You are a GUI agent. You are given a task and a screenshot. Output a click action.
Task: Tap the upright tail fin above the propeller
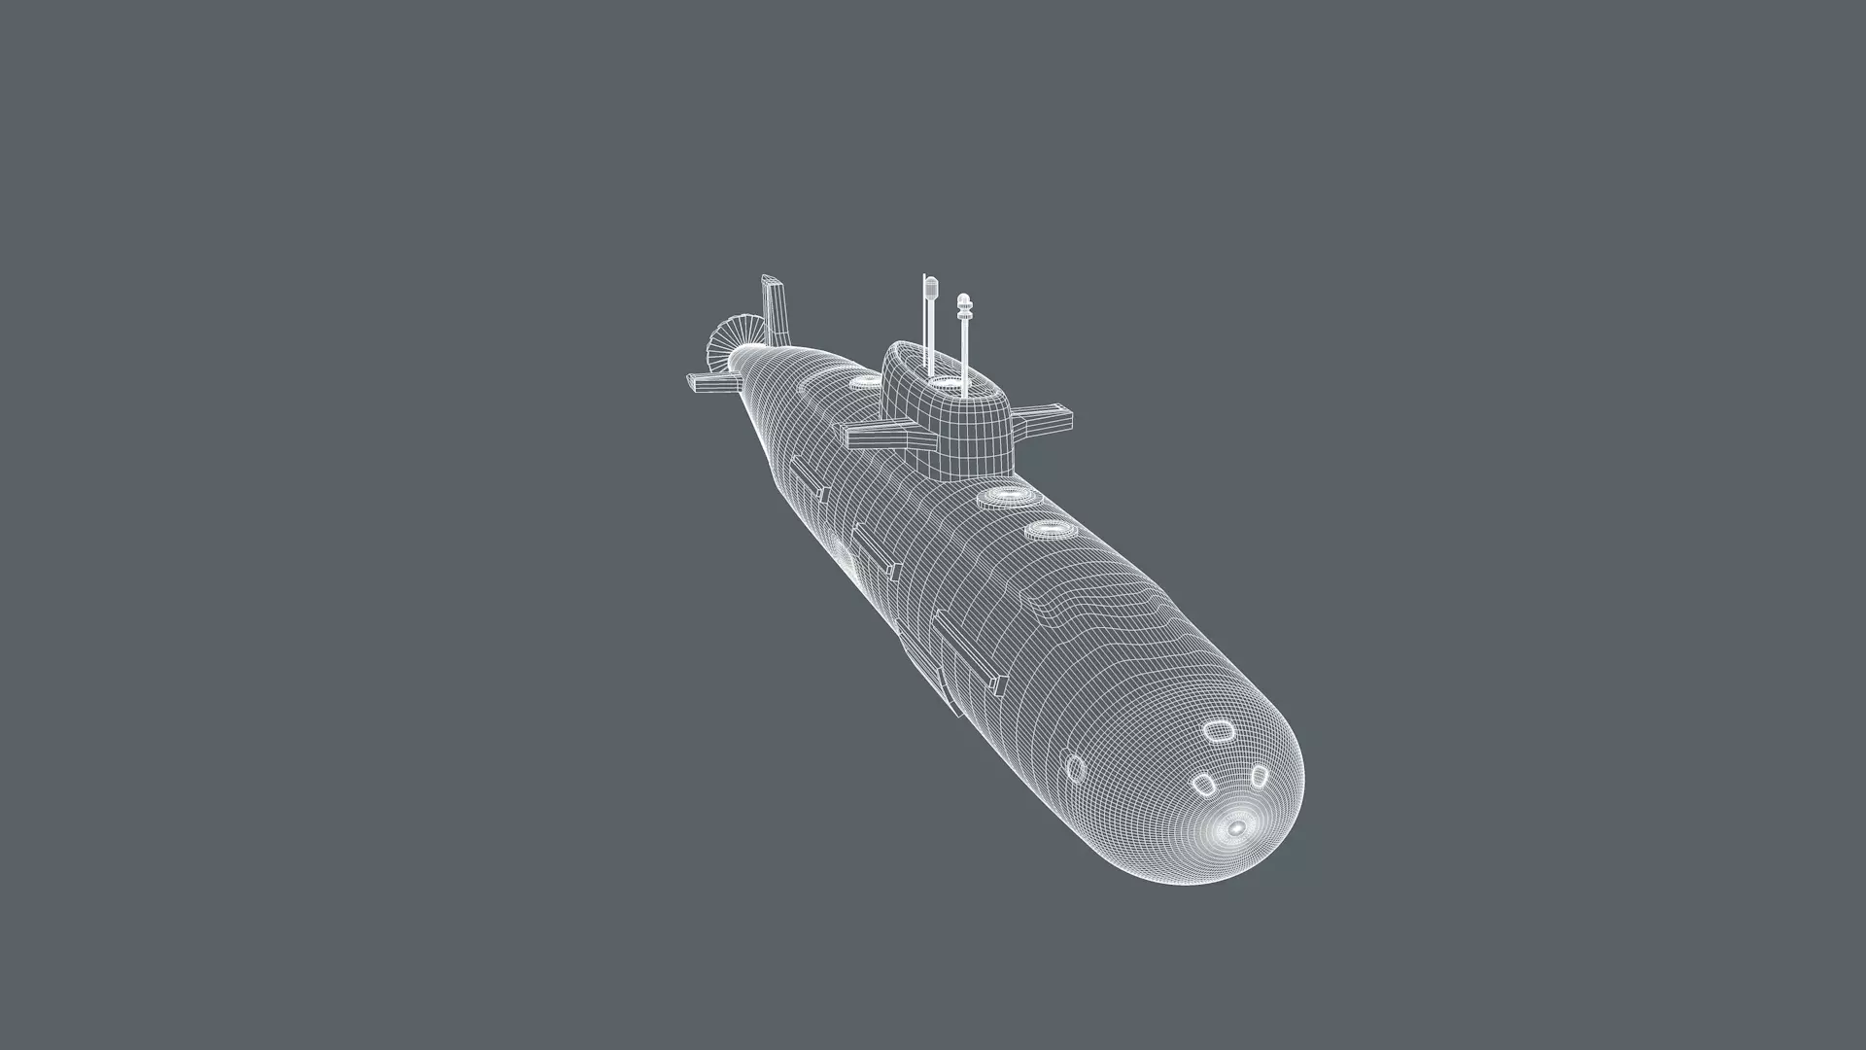tap(775, 309)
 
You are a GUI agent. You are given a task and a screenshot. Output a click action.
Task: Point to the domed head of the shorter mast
tap(963, 303)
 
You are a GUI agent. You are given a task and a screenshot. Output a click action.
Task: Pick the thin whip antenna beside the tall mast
tap(924, 321)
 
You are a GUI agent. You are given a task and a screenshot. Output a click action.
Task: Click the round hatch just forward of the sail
tap(1003, 498)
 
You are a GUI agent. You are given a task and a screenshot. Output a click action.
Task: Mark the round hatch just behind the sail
tap(859, 382)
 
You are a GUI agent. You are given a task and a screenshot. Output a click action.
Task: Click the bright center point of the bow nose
tap(1236, 828)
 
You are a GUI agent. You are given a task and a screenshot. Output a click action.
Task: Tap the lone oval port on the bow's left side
tap(1075, 768)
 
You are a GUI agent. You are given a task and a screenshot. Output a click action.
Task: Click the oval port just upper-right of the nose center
tap(1259, 775)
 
